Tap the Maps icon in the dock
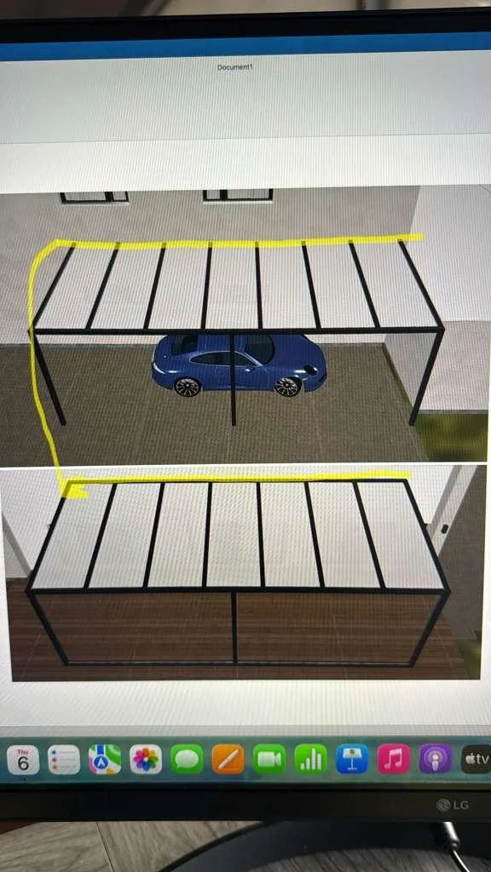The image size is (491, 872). click(x=105, y=760)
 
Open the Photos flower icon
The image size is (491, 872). click(x=146, y=760)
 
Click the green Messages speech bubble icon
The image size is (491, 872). click(x=187, y=760)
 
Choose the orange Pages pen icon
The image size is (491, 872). click(x=228, y=759)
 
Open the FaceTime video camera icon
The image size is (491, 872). click(x=269, y=759)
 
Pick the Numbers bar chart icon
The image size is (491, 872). click(x=310, y=759)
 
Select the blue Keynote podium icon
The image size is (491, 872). click(x=352, y=759)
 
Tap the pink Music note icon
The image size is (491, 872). click(x=394, y=759)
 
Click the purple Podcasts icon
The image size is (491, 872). click(x=436, y=759)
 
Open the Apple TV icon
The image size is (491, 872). click(x=476, y=759)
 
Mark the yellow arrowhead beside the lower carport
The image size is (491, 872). click(x=76, y=490)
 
